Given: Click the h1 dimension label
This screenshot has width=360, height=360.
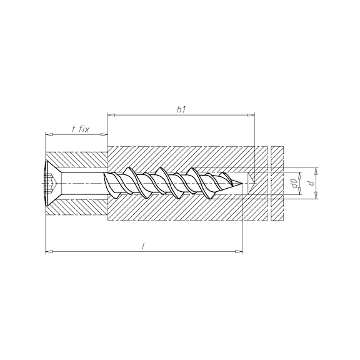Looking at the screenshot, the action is coord(181,110).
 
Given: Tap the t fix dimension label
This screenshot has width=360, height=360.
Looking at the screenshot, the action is coord(80,129).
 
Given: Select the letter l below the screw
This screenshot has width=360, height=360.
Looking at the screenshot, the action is coord(143,246).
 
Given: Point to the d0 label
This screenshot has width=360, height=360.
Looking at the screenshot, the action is coord(295,184).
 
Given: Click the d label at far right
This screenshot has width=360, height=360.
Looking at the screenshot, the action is coord(311,183).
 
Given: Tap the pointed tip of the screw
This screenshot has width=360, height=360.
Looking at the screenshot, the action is coord(242,183).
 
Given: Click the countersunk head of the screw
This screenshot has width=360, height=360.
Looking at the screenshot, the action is coord(53,183).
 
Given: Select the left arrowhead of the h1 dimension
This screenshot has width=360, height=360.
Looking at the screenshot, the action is coord(111,114).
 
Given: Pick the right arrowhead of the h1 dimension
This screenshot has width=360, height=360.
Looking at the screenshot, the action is coord(251,114).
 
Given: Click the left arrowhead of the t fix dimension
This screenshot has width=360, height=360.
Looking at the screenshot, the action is coord(49,134).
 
